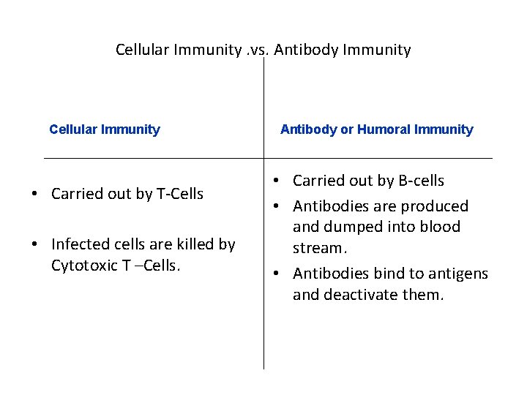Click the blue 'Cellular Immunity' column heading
(105, 130)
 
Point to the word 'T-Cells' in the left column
(179, 194)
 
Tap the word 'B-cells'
(418, 181)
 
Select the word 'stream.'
(318, 248)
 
